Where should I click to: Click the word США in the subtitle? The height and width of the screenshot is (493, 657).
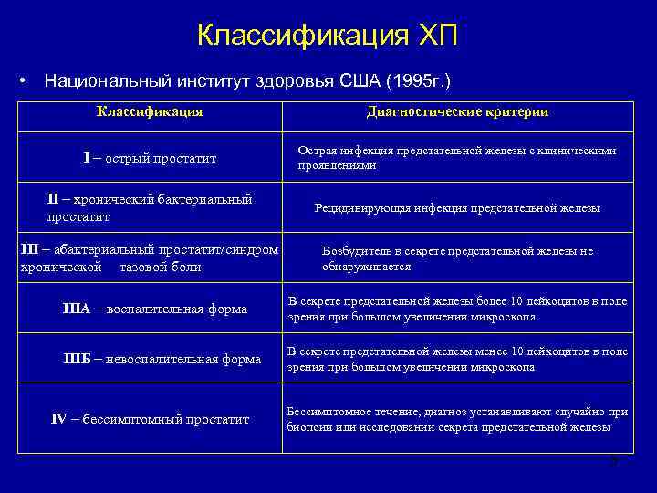point(359,80)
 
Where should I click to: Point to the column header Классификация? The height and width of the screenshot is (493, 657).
point(150,111)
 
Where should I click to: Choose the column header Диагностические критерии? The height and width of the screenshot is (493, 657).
point(456,111)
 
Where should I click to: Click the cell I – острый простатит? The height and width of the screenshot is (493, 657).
point(150,159)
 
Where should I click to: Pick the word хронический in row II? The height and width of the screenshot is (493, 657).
point(112,199)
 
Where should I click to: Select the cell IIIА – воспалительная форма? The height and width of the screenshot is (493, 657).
point(155,309)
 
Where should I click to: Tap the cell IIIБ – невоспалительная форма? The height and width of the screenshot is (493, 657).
point(161,359)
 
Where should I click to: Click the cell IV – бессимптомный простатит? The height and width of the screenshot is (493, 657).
point(150,419)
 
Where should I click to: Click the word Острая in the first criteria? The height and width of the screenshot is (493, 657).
point(315,151)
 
